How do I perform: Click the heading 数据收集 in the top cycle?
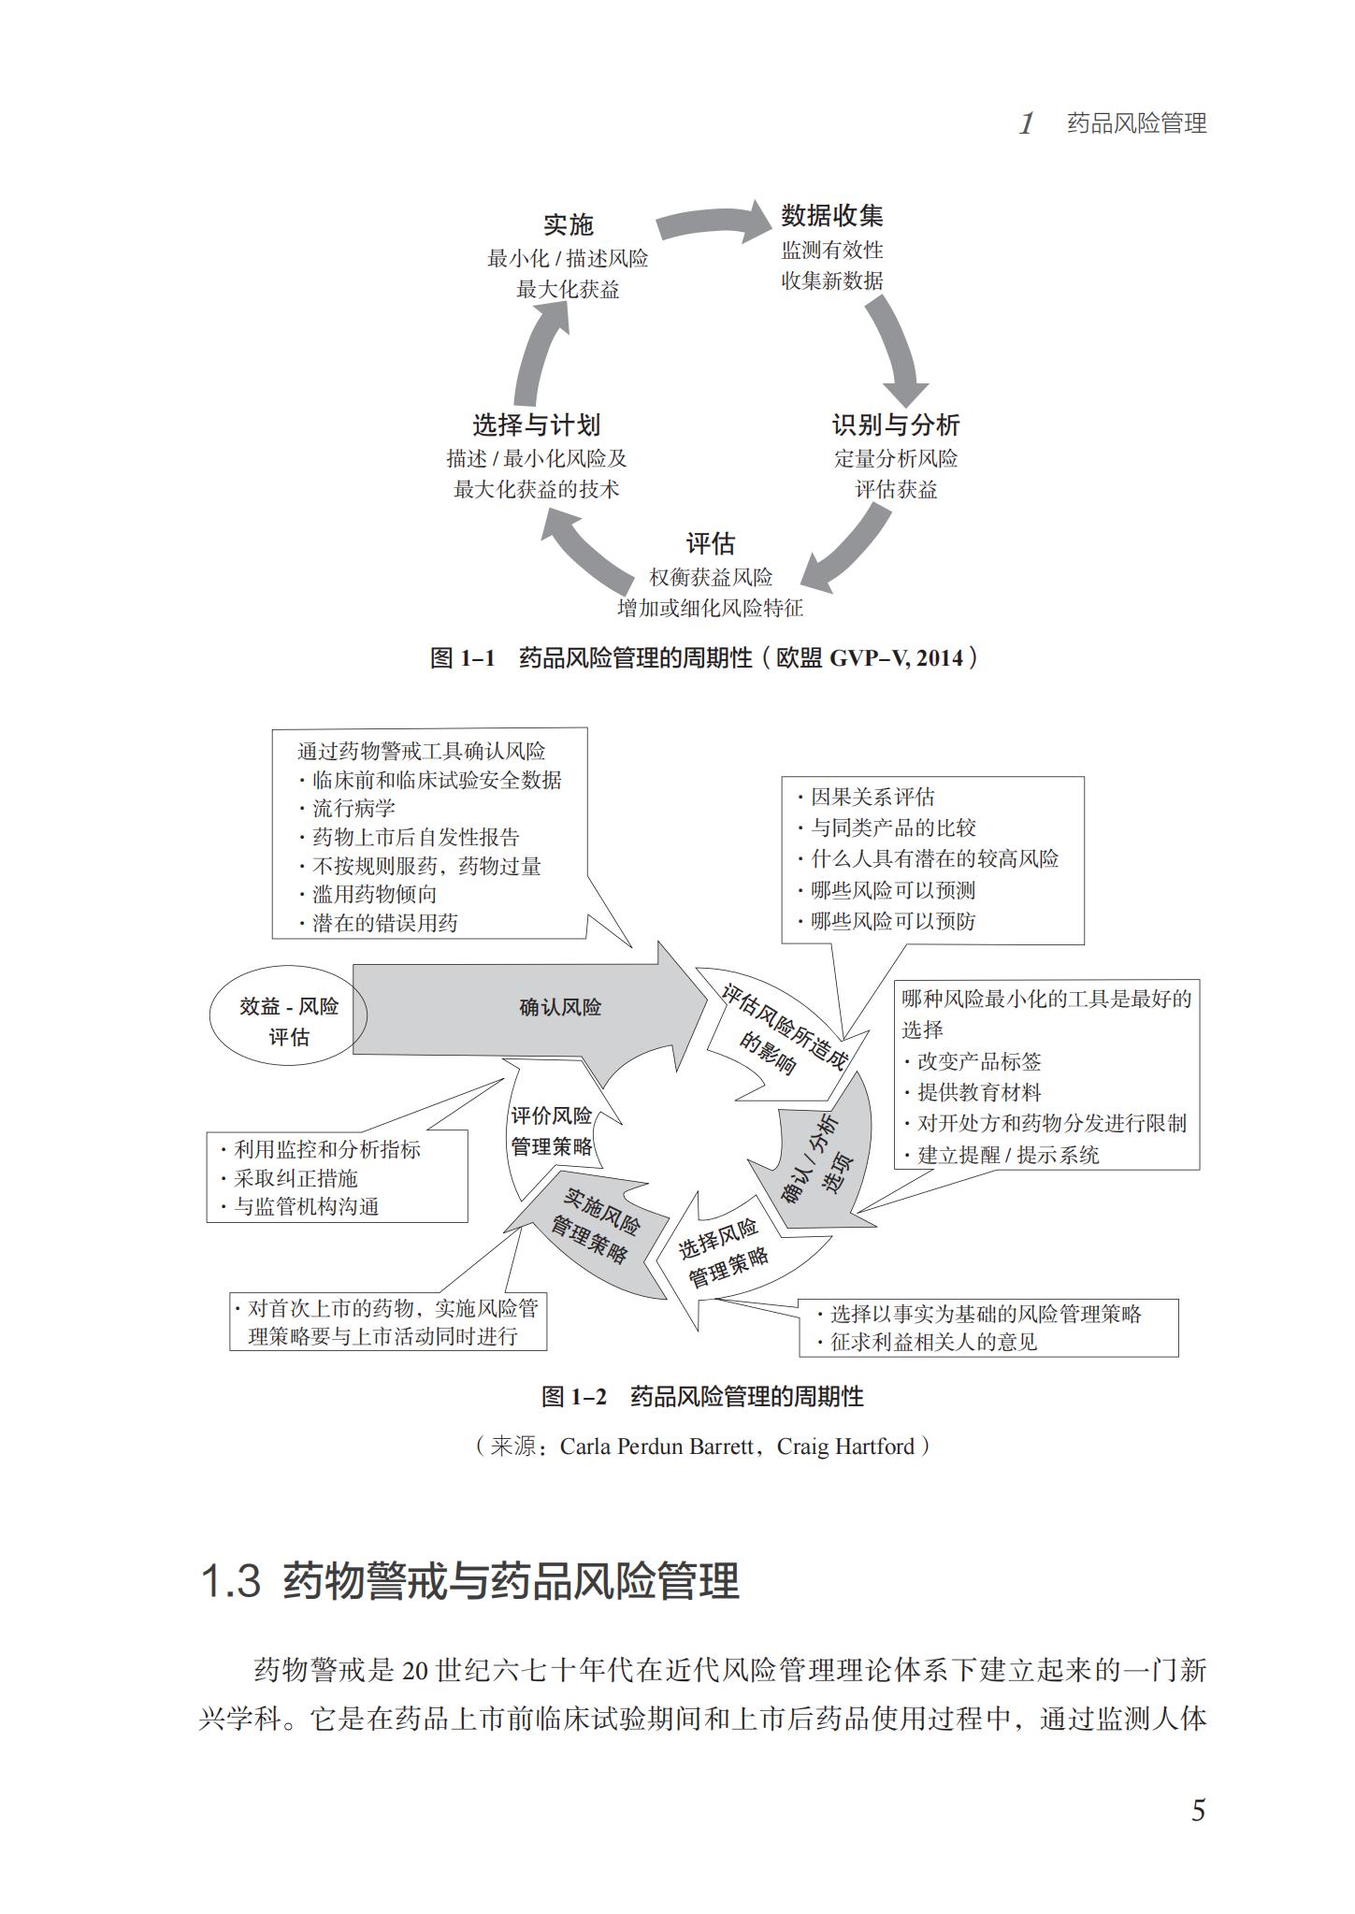[831, 216]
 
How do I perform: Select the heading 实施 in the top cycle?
[568, 224]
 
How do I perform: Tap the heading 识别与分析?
[895, 425]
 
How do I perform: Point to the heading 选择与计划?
[535, 425]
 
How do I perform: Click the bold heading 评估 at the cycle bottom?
[710, 543]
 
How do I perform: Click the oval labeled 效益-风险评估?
[288, 1021]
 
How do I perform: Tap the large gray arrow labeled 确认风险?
[533, 1008]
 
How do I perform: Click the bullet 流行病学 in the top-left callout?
[353, 808]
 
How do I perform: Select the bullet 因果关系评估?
[872, 797]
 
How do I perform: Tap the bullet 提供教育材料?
[978, 1092]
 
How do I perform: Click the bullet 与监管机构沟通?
[306, 1206]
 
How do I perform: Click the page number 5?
[1198, 1811]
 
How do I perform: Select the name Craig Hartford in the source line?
[845, 1446]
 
